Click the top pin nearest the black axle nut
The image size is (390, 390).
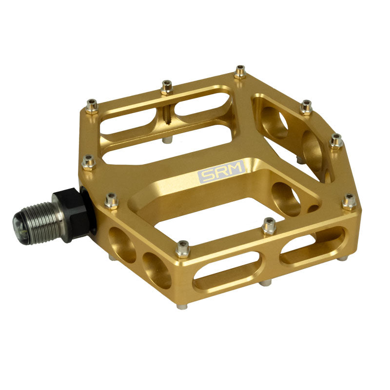point(111,200)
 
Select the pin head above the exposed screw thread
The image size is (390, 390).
point(167,87)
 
